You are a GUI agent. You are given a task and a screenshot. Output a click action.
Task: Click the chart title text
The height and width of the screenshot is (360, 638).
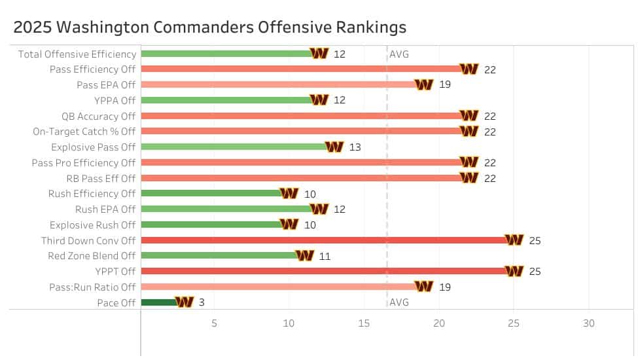tap(210, 27)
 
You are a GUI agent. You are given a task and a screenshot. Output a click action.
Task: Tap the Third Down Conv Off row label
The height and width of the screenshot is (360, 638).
tap(88, 240)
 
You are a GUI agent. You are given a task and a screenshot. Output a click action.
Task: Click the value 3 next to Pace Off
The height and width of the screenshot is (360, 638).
tap(202, 302)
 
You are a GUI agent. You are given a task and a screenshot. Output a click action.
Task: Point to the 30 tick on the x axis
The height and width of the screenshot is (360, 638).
tap(589, 323)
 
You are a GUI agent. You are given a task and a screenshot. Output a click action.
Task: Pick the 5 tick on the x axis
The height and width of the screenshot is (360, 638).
tap(214, 323)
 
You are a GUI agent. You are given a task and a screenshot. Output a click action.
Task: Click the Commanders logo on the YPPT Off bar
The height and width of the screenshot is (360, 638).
tap(514, 271)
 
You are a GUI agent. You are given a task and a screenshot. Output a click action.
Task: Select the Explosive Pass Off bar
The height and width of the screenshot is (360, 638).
tap(232, 147)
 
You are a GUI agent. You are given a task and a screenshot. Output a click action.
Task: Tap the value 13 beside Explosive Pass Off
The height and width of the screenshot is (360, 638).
tap(355, 147)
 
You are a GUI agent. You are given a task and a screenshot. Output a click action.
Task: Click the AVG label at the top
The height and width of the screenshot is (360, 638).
tap(399, 54)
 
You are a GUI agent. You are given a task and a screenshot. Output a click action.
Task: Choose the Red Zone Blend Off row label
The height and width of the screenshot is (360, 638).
tap(92, 256)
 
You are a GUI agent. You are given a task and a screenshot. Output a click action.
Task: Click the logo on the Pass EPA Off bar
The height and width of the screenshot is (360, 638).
tap(424, 84)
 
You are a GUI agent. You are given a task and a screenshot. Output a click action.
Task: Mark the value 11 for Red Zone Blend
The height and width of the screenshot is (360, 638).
tap(325, 256)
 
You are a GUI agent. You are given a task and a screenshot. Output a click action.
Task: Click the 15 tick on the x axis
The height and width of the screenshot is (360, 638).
tap(364, 323)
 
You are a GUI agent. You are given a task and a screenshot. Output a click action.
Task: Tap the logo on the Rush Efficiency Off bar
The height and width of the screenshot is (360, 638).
tap(289, 194)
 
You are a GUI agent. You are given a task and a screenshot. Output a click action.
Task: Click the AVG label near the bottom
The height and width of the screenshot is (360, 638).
tap(399, 302)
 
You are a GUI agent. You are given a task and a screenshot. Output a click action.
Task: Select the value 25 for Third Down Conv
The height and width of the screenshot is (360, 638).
tap(535, 240)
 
